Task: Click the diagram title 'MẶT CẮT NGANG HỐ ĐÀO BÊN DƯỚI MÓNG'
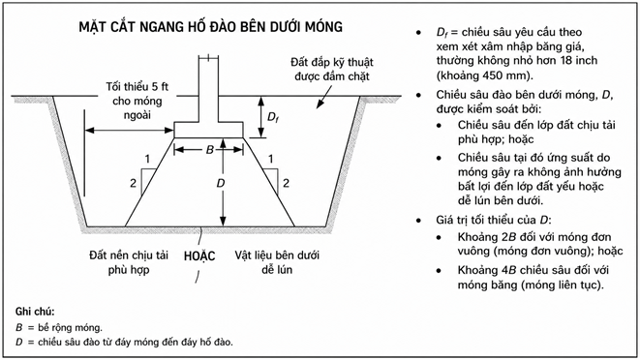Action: [x=211, y=26]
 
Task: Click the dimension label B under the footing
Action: [x=210, y=150]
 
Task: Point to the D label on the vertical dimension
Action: [x=221, y=183]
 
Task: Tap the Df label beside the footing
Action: [x=273, y=117]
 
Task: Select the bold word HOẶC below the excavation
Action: [x=199, y=255]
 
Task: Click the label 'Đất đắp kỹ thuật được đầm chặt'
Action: [x=332, y=70]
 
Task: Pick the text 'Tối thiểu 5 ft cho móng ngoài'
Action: [x=137, y=101]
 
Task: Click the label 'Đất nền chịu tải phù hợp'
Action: [x=129, y=262]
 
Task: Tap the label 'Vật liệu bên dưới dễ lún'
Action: [x=277, y=262]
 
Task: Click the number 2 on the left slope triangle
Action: [x=133, y=183]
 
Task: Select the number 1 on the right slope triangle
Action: [x=270, y=159]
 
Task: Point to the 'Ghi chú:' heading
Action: [x=35, y=312]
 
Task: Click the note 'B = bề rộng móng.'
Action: [x=59, y=327]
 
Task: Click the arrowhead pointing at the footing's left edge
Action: [x=169, y=131]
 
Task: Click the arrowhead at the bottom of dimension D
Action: [x=223, y=222]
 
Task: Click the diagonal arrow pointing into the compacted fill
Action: [x=325, y=98]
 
